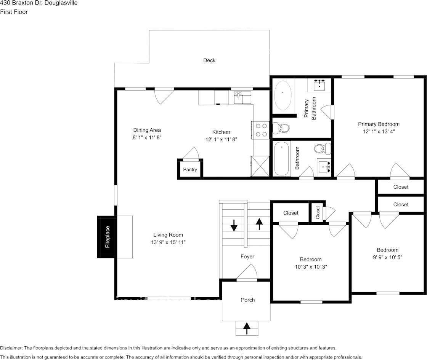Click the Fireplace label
[x=108, y=237]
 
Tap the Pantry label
[x=190, y=169]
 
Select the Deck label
[x=209, y=61]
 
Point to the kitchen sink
[x=242, y=98]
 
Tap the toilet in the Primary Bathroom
[x=281, y=128]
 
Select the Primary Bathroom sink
[x=319, y=85]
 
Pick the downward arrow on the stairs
[x=234, y=225]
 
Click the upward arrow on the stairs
[x=259, y=224]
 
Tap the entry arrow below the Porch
[x=247, y=328]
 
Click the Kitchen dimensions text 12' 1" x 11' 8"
[x=221, y=140]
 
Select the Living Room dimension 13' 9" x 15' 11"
[x=168, y=242]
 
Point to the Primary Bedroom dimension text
[x=379, y=132]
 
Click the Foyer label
[x=247, y=256]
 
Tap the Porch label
[x=248, y=300]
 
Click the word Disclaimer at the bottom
[x=11, y=348]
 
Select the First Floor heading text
[x=14, y=12]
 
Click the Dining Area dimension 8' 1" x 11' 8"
[x=147, y=138]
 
